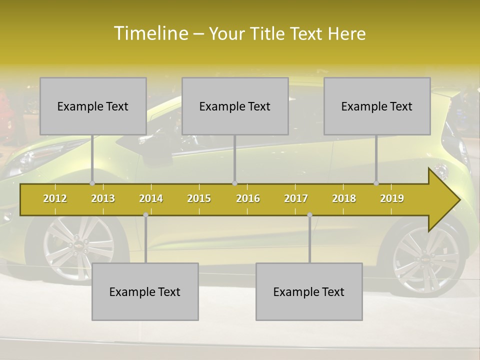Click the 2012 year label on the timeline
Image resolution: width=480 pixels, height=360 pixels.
point(55,198)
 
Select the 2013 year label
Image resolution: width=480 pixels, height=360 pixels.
point(103,198)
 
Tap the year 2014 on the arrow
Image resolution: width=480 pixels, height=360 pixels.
point(151,198)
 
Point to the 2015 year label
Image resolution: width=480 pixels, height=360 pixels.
point(199,198)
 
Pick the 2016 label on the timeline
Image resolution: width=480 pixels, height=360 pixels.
point(248,198)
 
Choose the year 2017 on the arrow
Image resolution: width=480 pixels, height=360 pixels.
point(296,198)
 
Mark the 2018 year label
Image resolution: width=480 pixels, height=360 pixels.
point(344,198)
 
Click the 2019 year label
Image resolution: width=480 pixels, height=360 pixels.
point(392,198)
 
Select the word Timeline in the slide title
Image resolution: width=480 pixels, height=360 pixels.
point(150,33)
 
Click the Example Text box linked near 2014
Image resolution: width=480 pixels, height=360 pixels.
point(145,291)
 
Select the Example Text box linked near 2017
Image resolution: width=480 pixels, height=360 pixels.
point(309,291)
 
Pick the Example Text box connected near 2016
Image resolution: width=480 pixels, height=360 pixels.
point(235,106)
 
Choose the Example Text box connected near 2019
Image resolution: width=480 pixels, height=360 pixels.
point(377,106)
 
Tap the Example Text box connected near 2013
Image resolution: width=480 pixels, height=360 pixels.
point(93,106)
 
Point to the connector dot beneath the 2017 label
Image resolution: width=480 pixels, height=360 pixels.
point(309,214)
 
